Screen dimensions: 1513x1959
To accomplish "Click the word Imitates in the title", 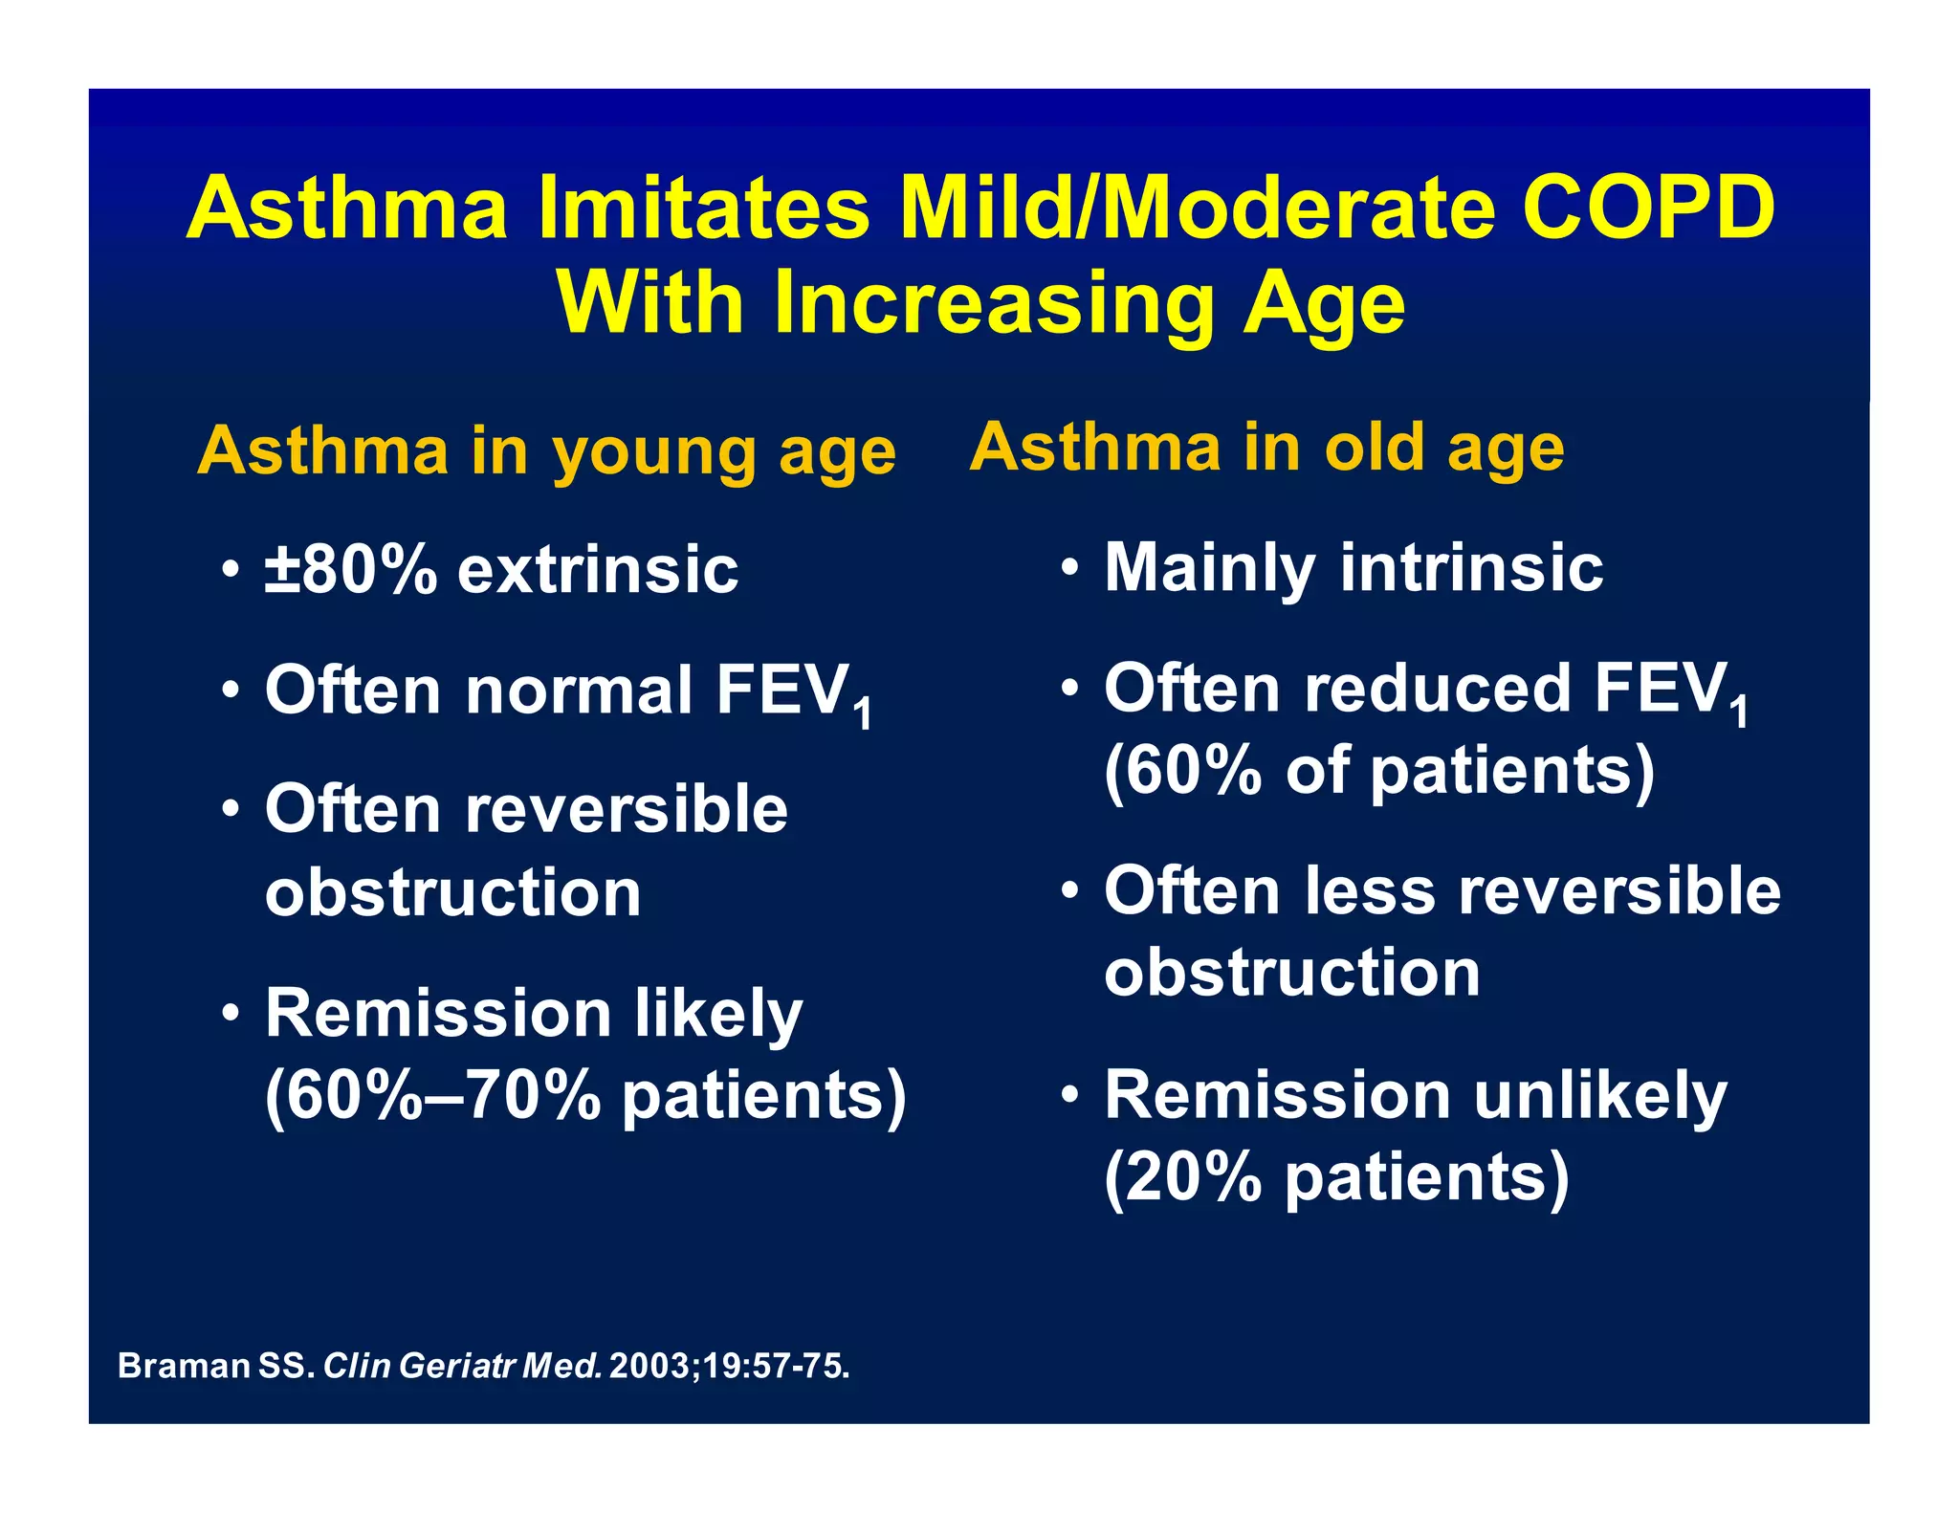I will pyautogui.click(x=704, y=208).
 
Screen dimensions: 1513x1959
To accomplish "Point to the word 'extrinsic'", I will pyautogui.click(x=598, y=570).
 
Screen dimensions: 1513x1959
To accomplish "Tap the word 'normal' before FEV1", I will pyautogui.click(x=579, y=690).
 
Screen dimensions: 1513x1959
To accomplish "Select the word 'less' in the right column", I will pyautogui.click(x=1370, y=890).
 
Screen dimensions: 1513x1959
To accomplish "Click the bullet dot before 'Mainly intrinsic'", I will pyautogui.click(x=1070, y=567).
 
